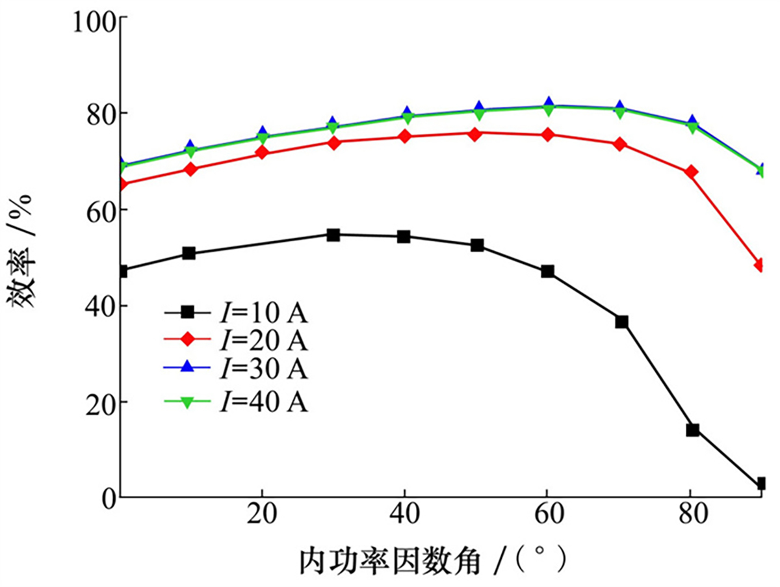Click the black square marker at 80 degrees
click(692, 430)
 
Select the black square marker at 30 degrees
click(333, 235)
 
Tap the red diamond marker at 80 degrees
click(692, 172)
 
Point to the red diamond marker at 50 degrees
click(475, 134)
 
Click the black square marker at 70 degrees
click(622, 322)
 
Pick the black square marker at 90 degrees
click(762, 484)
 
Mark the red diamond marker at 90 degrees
click(762, 265)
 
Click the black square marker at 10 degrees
click(189, 253)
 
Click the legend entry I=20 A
click(235, 341)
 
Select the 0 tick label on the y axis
click(108, 498)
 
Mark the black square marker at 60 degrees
click(548, 271)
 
